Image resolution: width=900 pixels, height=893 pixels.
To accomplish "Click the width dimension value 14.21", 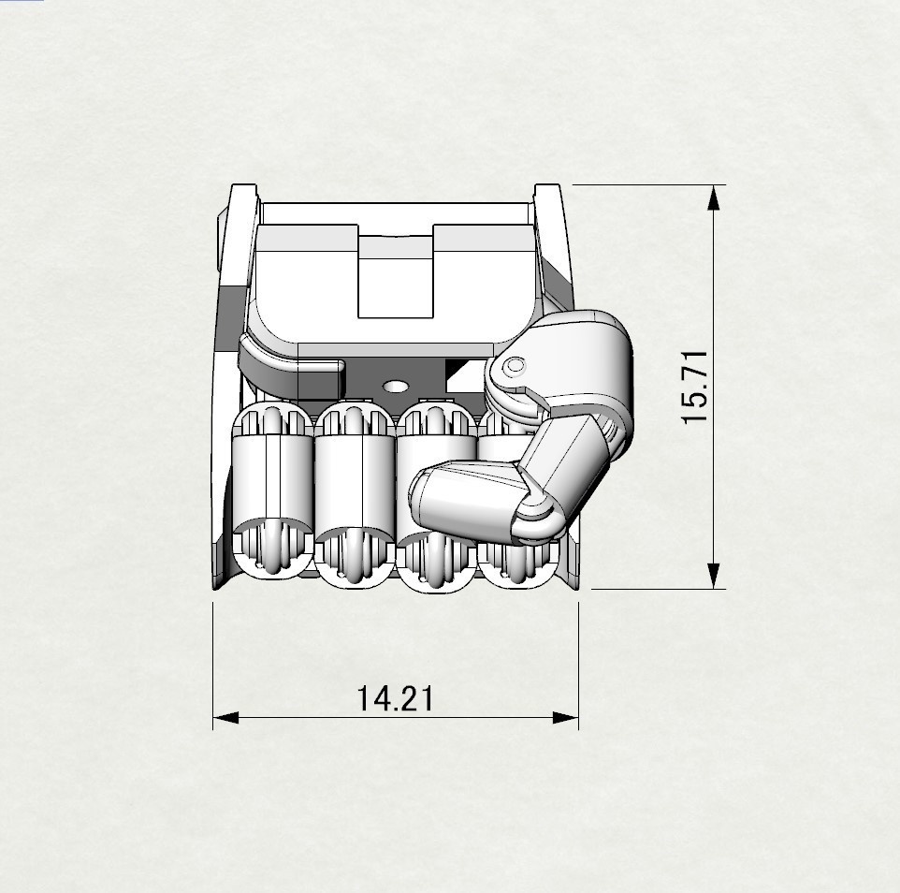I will [395, 698].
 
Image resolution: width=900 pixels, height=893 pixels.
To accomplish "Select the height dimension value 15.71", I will [698, 388].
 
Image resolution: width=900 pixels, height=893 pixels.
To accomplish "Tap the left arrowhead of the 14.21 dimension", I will [225, 719].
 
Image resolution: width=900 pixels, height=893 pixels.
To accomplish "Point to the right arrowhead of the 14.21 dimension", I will [567, 719].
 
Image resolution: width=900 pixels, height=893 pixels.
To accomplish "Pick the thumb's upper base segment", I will [580, 360].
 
